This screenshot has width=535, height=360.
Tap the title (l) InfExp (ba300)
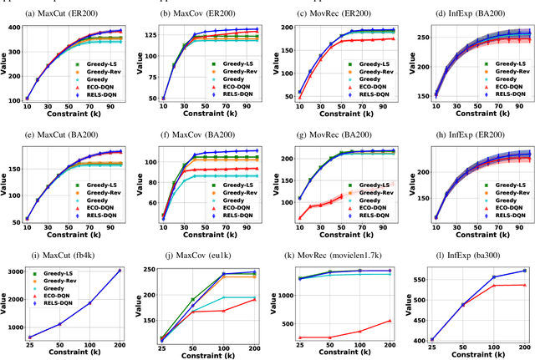471,251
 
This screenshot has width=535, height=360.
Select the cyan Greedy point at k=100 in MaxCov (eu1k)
223,297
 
